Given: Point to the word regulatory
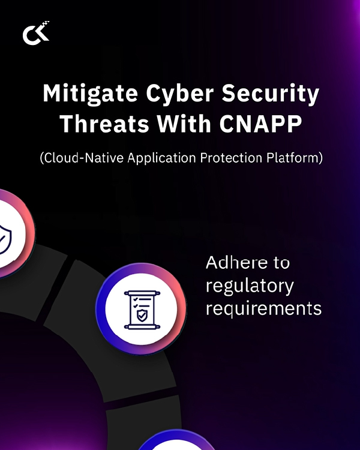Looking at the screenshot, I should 250,286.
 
